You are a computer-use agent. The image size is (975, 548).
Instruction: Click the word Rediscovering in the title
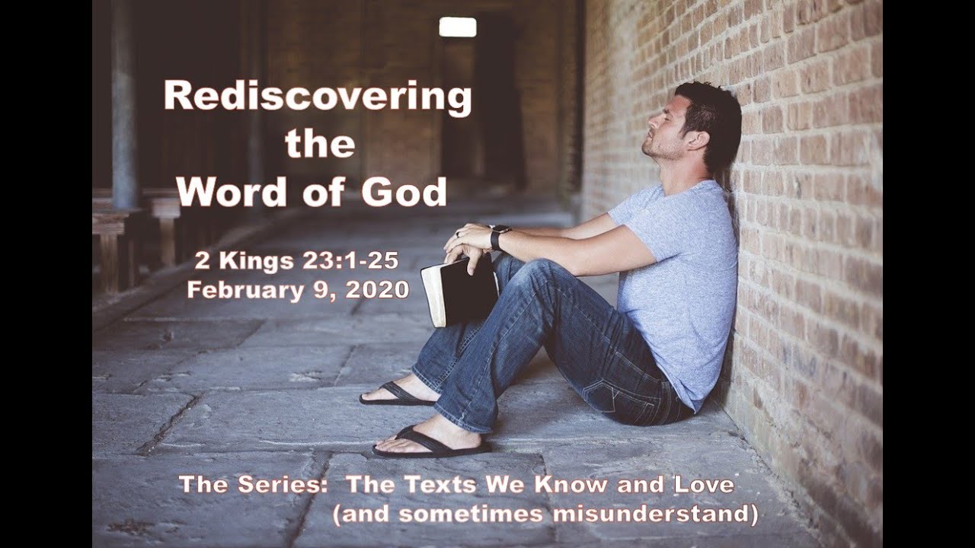318,98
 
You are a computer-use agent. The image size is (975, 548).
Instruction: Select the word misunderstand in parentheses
655,515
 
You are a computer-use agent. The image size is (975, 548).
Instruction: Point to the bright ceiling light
457,27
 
